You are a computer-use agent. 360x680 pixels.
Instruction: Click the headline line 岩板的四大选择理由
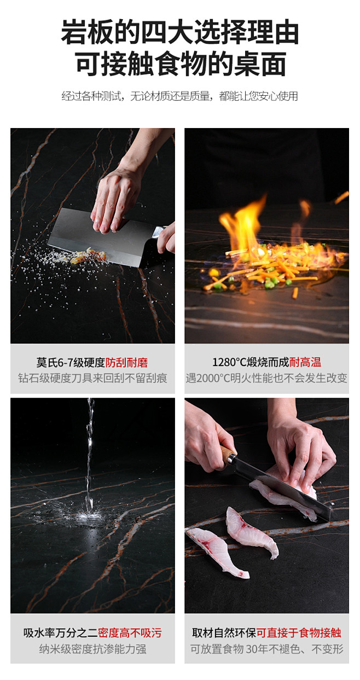180,32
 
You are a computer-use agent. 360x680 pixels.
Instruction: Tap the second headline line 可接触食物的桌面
181,64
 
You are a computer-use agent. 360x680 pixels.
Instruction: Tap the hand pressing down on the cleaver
117,197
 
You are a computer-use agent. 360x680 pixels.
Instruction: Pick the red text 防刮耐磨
126,363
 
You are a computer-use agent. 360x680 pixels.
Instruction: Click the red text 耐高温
305,362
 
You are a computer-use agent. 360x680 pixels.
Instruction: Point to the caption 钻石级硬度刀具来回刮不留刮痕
92,378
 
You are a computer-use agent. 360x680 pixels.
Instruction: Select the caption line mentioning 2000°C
266,378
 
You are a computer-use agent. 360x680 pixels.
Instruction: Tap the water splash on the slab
88,516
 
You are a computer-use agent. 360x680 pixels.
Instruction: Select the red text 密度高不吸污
130,633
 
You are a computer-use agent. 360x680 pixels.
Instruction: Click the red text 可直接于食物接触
299,633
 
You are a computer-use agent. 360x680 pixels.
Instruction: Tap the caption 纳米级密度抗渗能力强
92,649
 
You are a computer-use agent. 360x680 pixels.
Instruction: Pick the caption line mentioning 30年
267,649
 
